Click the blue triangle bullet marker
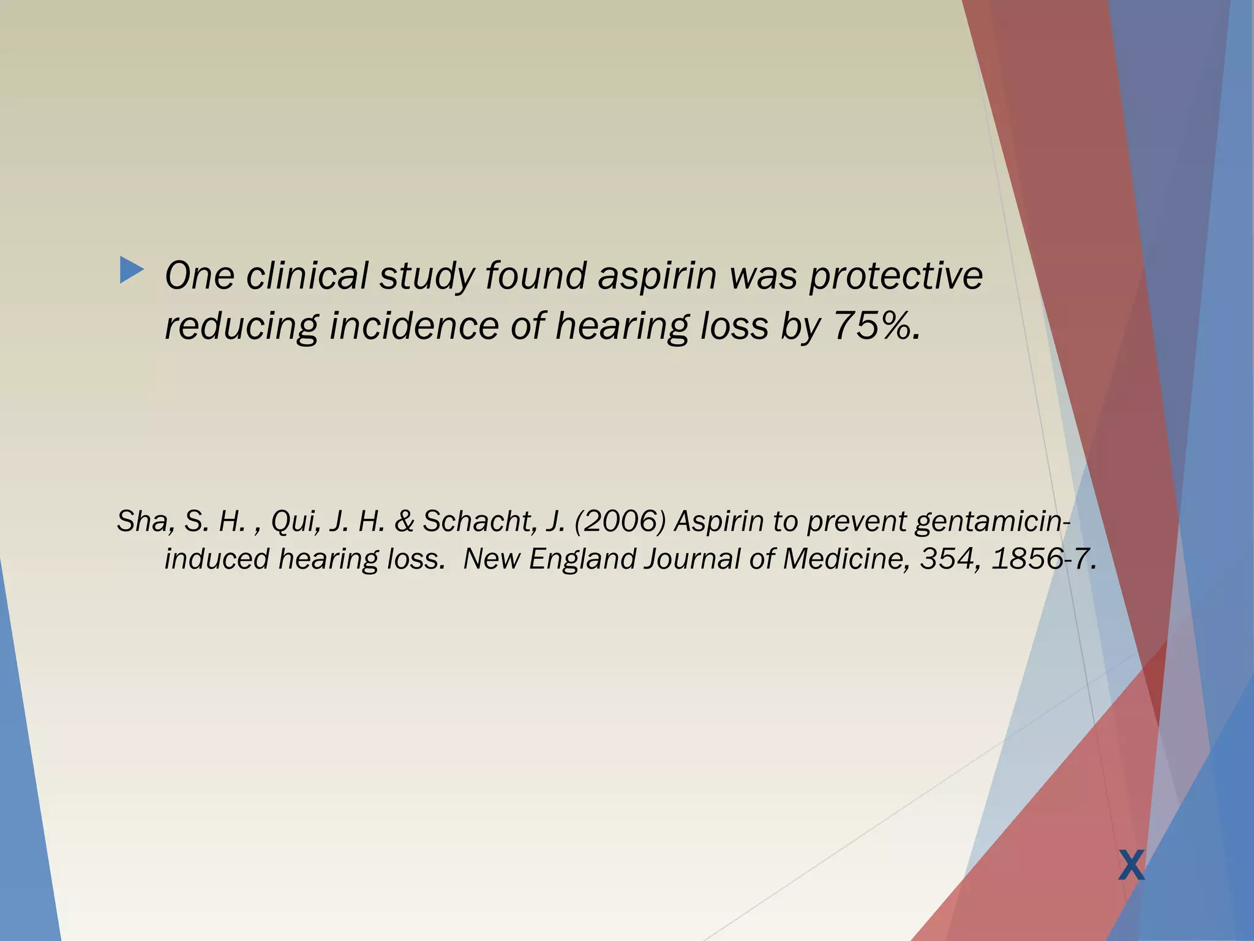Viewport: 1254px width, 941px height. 132,270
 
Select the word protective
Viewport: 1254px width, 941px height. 896,276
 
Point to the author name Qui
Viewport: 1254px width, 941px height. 295,521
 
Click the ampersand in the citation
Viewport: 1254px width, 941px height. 404,521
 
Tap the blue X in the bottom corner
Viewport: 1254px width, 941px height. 1131,866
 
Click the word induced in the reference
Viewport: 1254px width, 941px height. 217,559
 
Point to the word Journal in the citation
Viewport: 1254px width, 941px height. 692,559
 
